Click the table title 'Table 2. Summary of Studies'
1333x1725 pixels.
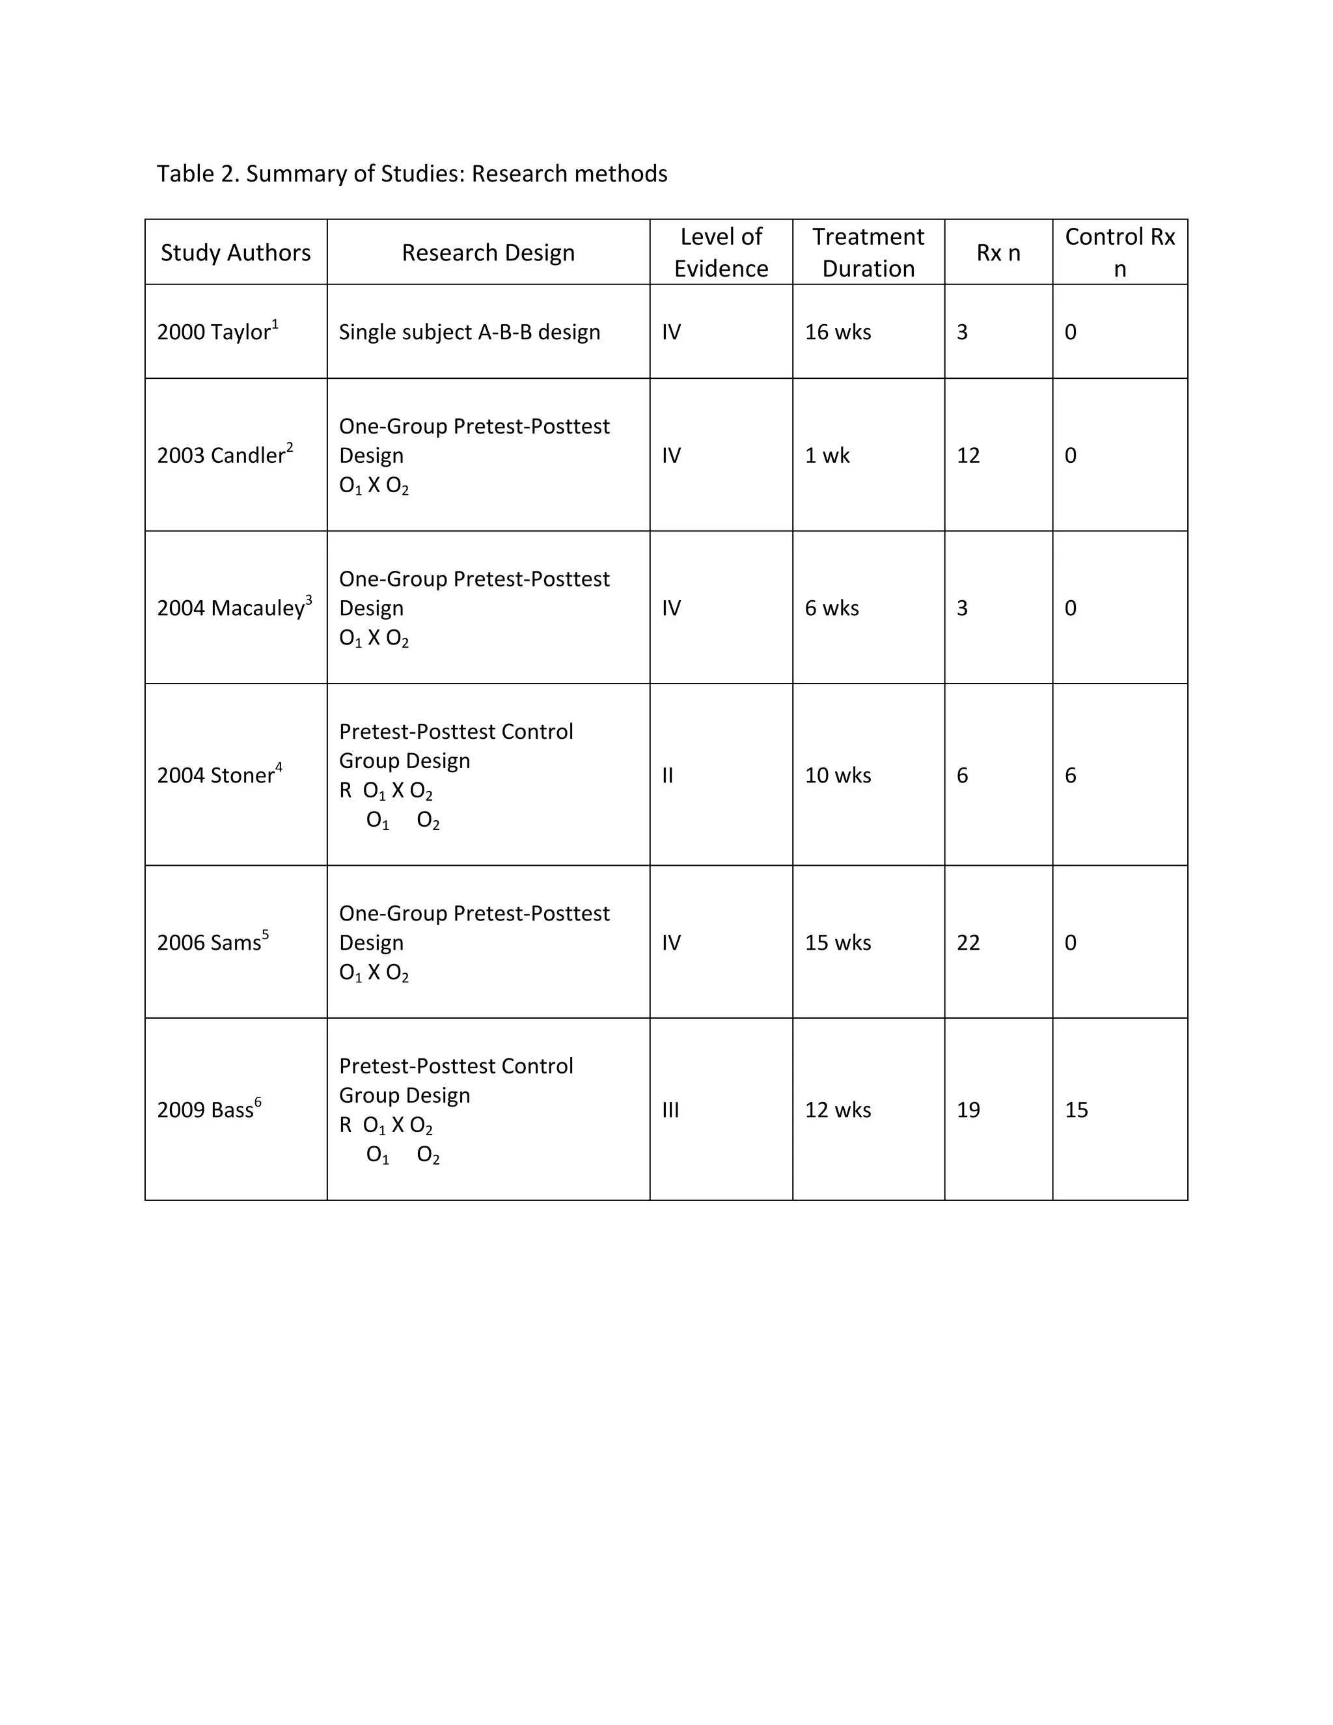[411, 174]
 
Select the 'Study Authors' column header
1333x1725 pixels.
[236, 253]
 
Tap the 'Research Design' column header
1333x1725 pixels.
[488, 253]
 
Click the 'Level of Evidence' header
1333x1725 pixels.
[721, 253]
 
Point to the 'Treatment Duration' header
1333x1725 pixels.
[868, 253]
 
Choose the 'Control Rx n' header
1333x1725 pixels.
[1120, 253]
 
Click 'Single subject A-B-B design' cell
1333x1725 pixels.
[469, 332]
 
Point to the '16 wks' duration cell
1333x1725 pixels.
[838, 332]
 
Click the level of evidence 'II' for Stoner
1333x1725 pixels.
[668, 775]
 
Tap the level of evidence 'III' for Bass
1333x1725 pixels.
[670, 1110]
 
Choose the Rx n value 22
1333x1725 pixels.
[968, 943]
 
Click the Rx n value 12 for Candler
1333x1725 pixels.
[968, 455]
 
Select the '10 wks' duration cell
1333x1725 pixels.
[838, 775]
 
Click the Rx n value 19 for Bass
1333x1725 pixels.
[968, 1110]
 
